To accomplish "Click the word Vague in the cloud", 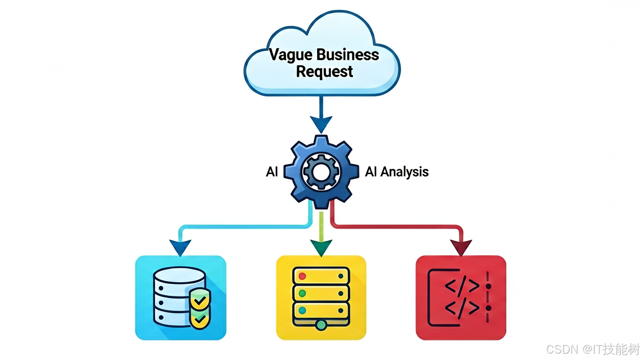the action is click(x=290, y=55).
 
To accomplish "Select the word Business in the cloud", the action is click(x=347, y=54).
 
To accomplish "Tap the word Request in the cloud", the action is click(x=324, y=72).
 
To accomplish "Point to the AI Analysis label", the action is click(x=397, y=172).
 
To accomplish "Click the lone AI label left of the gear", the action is click(x=272, y=172).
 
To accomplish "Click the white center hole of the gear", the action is click(x=321, y=172).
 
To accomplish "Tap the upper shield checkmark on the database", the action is click(x=200, y=300).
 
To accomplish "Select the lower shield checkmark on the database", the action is click(x=200, y=318).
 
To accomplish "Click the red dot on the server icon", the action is click(x=302, y=276).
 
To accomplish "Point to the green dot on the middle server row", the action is click(x=302, y=293).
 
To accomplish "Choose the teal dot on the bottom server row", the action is click(x=302, y=310).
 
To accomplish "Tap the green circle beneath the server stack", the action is click(x=321, y=325).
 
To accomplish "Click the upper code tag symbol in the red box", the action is click(x=462, y=286).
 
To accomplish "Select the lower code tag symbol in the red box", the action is click(x=462, y=308).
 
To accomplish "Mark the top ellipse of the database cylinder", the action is click(x=180, y=275).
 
